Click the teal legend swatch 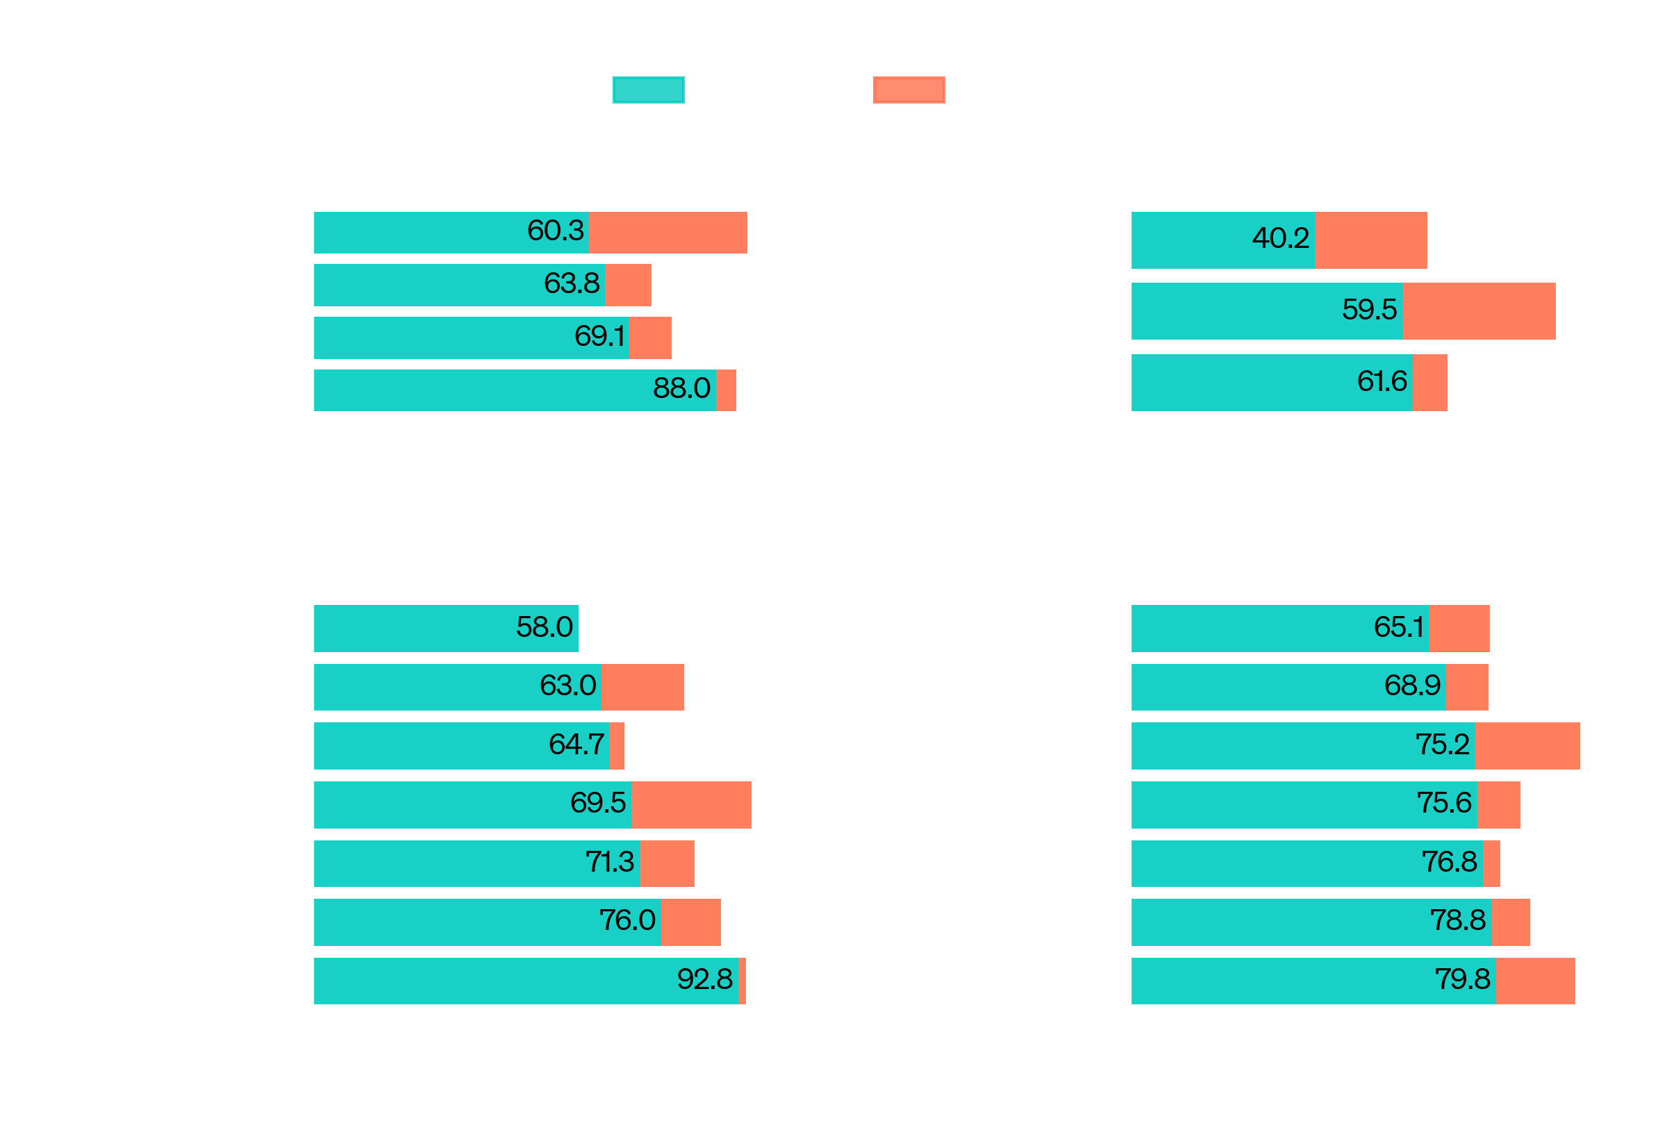tap(647, 90)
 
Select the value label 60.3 tap(555, 231)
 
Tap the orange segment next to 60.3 tap(667, 233)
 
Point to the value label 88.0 tap(681, 388)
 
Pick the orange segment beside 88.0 tap(726, 390)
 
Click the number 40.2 tap(1280, 238)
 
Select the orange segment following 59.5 tap(1478, 311)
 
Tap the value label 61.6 tap(1382, 381)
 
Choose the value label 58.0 tap(544, 628)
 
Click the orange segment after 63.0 tap(642, 687)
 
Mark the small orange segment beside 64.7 tap(617, 746)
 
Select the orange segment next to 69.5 tap(690, 805)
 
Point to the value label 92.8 tap(704, 979)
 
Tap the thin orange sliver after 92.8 tap(742, 981)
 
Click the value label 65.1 tap(1398, 628)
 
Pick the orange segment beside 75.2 tap(1527, 746)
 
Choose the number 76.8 tap(1449, 862)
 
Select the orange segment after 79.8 tap(1535, 981)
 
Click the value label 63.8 tap(572, 283)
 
